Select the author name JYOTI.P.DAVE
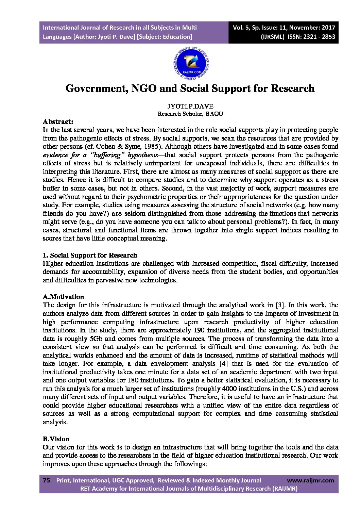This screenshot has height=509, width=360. coord(190,106)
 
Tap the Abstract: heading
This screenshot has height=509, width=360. coord(58,121)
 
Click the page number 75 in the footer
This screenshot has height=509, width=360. coord(47,480)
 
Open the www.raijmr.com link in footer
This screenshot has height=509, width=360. coord(310,480)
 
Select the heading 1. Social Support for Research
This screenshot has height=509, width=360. coord(90,255)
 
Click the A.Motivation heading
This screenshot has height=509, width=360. coord(63,297)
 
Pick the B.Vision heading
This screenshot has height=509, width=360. coord(56,439)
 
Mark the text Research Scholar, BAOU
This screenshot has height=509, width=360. coord(190,114)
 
